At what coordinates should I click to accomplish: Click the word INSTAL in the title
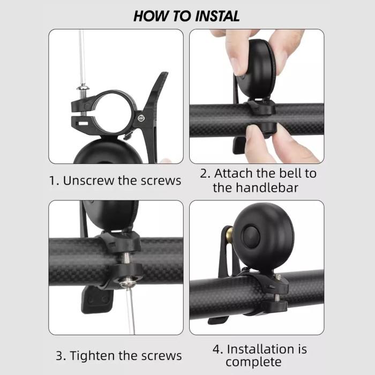pyautogui.click(x=217, y=16)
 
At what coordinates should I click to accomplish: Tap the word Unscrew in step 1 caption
pyautogui.click(x=88, y=181)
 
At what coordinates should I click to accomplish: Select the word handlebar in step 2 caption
pyautogui.click(x=267, y=187)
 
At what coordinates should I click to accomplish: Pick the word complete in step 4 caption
pyautogui.click(x=253, y=362)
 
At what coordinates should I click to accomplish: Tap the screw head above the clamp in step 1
pyautogui.click(x=82, y=88)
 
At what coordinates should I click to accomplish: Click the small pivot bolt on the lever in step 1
pyautogui.click(x=141, y=118)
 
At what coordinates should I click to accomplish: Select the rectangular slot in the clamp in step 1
pyautogui.click(x=82, y=124)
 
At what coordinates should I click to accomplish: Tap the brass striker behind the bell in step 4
pyautogui.click(x=229, y=232)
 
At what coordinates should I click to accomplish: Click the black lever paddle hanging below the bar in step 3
pyautogui.click(x=97, y=300)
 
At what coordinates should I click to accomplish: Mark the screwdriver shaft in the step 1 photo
pyautogui.click(x=82, y=57)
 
